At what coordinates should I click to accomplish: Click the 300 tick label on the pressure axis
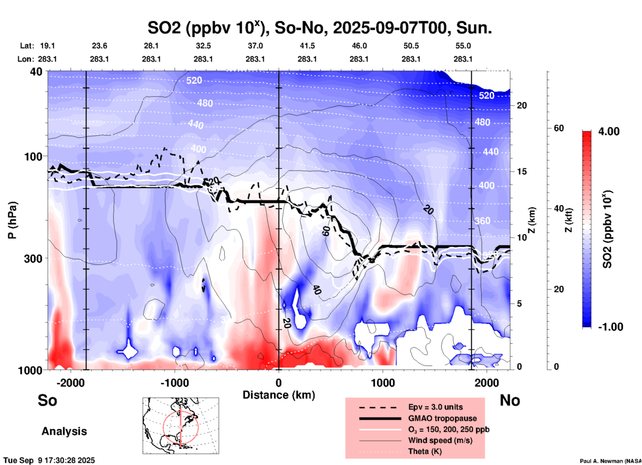(x=33, y=259)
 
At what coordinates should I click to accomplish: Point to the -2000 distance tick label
(x=70, y=383)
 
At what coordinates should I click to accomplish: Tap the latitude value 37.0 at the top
(x=255, y=46)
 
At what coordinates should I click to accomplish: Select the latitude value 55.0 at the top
(x=463, y=46)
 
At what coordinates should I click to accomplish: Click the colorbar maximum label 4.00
(x=609, y=131)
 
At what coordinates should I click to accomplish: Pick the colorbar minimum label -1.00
(x=610, y=327)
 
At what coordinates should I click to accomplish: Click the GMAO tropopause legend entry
(x=442, y=418)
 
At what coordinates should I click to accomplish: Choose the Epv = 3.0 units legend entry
(x=435, y=407)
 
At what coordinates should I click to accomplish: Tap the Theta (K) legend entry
(x=425, y=451)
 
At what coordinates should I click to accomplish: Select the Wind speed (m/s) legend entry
(x=440, y=440)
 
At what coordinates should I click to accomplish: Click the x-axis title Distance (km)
(x=279, y=395)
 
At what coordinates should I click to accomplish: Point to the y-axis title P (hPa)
(x=12, y=220)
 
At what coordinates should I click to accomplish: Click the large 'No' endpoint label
(x=510, y=400)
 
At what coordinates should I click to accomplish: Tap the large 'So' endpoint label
(x=47, y=400)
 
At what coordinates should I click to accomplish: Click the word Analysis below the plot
(x=64, y=431)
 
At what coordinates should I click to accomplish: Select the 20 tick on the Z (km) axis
(x=522, y=105)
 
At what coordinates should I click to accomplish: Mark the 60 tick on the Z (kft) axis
(x=559, y=128)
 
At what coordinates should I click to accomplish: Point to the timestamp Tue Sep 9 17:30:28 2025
(x=49, y=460)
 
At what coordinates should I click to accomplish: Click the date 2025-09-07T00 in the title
(x=390, y=28)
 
